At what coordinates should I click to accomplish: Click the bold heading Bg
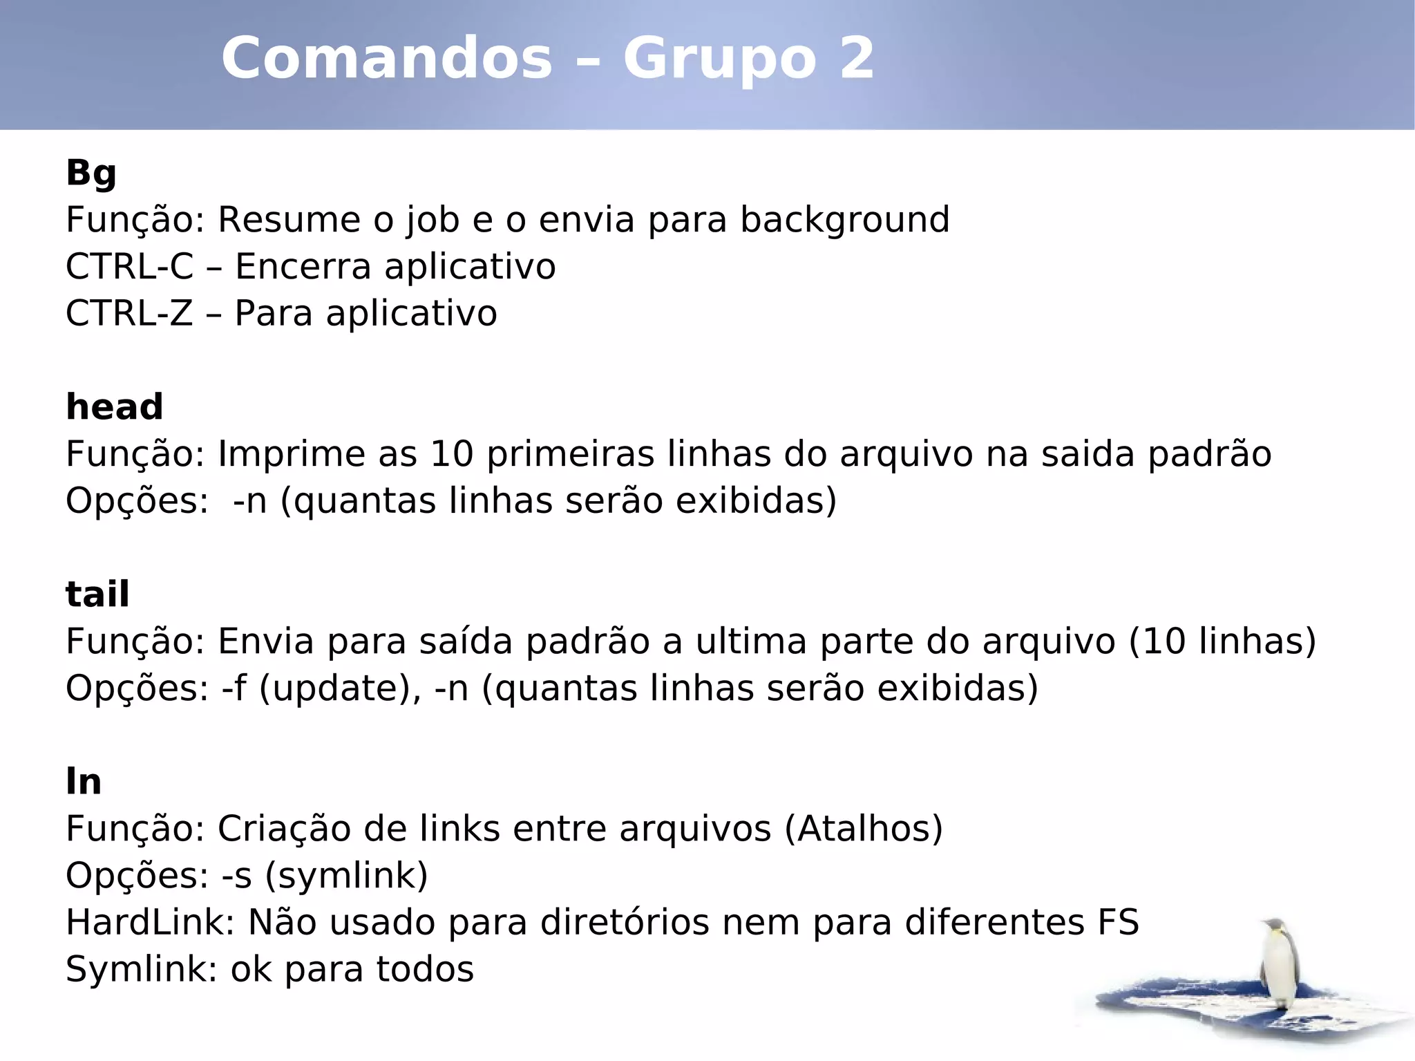click(91, 173)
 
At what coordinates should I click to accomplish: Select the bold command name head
click(114, 406)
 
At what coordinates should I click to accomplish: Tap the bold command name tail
click(97, 594)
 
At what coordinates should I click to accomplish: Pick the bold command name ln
click(84, 781)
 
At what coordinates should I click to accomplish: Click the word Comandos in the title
click(387, 58)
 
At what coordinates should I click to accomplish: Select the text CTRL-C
click(129, 267)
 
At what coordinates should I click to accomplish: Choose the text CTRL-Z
click(129, 313)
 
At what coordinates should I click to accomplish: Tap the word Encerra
click(303, 267)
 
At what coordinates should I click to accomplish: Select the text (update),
click(339, 688)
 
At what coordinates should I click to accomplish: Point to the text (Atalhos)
click(864, 828)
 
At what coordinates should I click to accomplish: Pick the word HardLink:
click(151, 922)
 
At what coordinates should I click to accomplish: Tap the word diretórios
click(625, 922)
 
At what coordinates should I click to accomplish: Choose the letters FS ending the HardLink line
click(1117, 922)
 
